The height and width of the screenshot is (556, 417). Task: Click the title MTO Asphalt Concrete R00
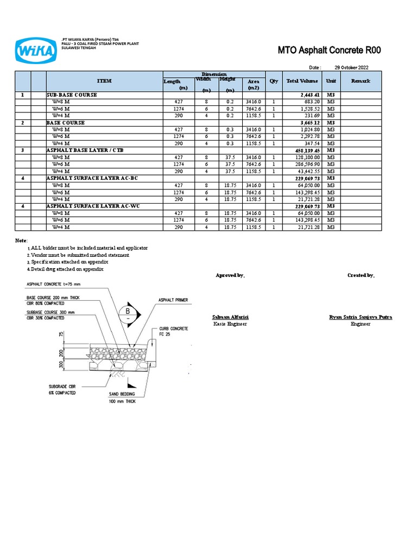[x=330, y=50]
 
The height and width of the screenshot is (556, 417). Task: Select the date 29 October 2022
[x=351, y=67]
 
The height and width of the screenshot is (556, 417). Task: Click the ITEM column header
[x=104, y=81]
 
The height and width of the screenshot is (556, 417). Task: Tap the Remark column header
[x=360, y=81]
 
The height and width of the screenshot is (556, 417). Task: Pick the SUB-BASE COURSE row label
[x=72, y=94]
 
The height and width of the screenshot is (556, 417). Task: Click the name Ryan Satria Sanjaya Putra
[x=361, y=317]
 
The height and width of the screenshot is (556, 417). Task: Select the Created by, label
[x=361, y=276]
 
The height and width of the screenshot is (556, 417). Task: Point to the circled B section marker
[x=128, y=311]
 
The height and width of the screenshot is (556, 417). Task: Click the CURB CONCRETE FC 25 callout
[x=173, y=332]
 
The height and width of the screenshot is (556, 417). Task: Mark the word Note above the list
[x=21, y=240]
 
